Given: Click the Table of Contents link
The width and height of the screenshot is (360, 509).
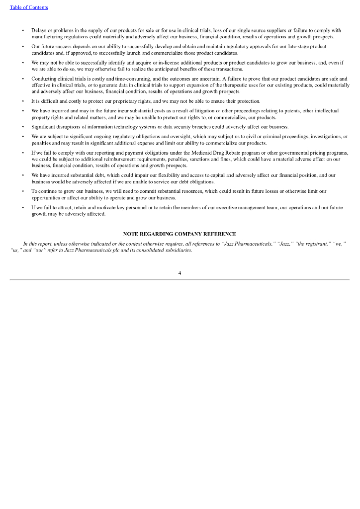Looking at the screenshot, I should [29, 7].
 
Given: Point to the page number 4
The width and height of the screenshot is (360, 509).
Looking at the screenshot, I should [180, 273].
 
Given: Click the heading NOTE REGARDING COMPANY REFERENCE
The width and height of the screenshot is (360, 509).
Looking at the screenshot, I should [180, 234].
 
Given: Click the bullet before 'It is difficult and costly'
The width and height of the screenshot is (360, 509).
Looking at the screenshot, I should [23, 101].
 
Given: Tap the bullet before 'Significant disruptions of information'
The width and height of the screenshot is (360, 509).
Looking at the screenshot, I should [23, 127].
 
